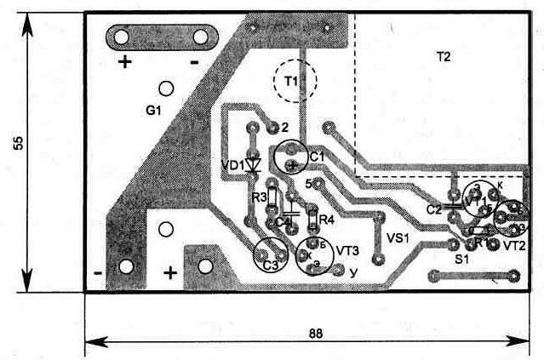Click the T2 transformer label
pyautogui.click(x=443, y=57)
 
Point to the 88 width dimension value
pyautogui.click(x=315, y=334)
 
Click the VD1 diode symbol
pyautogui.click(x=252, y=166)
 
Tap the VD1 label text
pyautogui.click(x=232, y=164)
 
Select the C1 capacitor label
pyautogui.click(x=317, y=157)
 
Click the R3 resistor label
pyautogui.click(x=259, y=197)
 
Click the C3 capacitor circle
pyautogui.click(x=270, y=254)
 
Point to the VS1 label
pyautogui.click(x=398, y=237)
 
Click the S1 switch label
pyautogui.click(x=461, y=257)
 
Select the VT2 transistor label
pyautogui.click(x=514, y=245)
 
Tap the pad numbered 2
pyautogui.click(x=272, y=129)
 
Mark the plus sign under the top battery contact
pyautogui.click(x=126, y=62)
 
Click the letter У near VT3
pyautogui.click(x=352, y=272)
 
